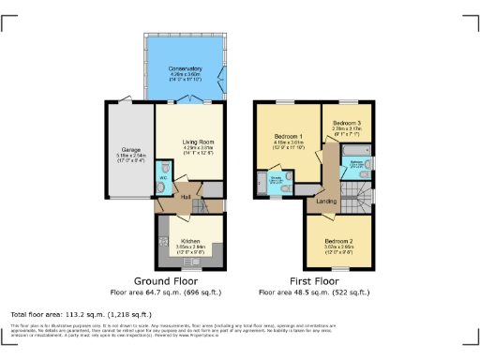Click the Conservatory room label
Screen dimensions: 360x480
click(x=184, y=69)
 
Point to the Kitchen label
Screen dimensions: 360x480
click(x=191, y=241)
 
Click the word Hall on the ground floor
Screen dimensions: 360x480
click(x=186, y=196)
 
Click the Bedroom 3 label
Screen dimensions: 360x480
click(x=347, y=123)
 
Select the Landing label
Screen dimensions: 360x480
click(x=327, y=201)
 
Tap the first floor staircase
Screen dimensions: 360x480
click(x=357, y=197)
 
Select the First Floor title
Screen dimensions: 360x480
click(x=312, y=280)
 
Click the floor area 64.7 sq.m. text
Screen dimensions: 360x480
click(x=163, y=292)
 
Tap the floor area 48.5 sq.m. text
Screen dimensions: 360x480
click(x=312, y=292)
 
